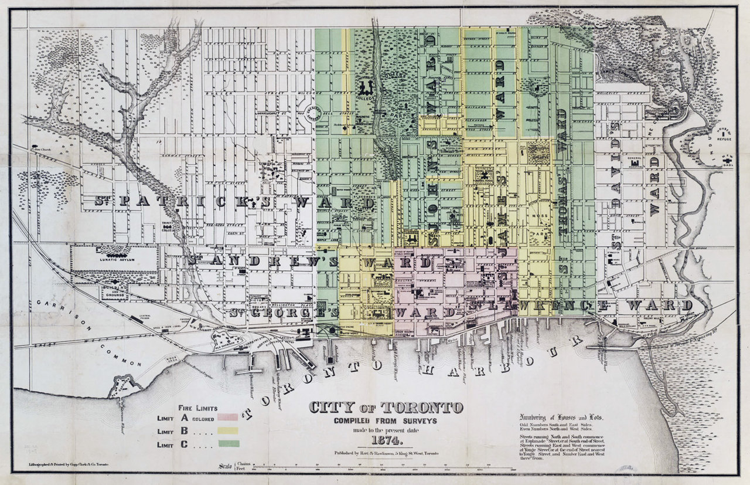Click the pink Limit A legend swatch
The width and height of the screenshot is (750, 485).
click(x=228, y=418)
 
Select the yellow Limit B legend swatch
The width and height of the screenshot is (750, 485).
click(x=228, y=430)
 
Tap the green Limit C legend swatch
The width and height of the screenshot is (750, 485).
click(x=228, y=443)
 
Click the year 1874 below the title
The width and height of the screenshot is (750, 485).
click(x=385, y=440)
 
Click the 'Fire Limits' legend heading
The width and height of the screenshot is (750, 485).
click(x=197, y=408)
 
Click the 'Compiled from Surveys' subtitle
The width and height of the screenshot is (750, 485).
click(x=385, y=420)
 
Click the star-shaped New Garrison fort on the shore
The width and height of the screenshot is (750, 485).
click(x=124, y=386)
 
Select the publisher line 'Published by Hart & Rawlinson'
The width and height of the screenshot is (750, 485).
click(x=385, y=453)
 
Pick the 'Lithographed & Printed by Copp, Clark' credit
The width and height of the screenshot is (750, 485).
click(x=69, y=464)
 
